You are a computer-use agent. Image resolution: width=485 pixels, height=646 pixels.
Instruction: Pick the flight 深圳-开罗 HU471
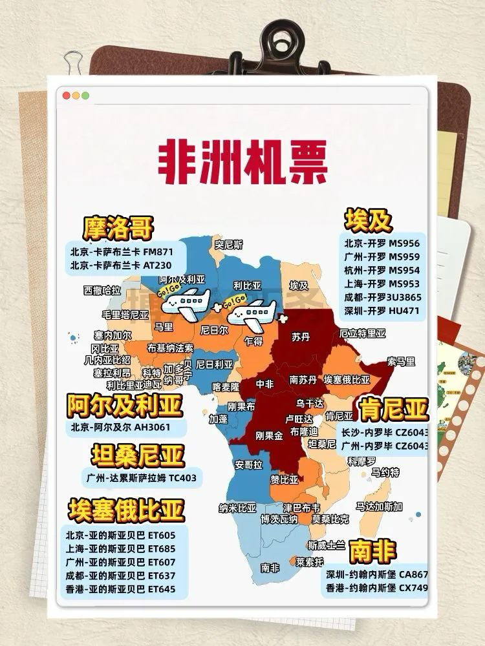coord(382,311)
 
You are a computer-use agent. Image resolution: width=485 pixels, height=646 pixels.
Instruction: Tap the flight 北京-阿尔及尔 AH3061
coord(121,428)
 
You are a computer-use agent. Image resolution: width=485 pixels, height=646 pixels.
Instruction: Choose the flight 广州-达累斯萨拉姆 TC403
coord(141,479)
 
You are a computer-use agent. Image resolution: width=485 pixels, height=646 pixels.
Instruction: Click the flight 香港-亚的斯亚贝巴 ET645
coord(120,589)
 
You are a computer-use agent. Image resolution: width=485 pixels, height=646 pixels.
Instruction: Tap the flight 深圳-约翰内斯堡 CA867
coord(377,574)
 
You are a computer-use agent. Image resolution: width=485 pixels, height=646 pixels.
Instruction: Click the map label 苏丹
coord(300,337)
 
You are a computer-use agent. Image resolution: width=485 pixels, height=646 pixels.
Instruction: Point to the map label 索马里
coord(401,361)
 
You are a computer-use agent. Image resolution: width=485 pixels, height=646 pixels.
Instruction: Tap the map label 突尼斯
coord(228,245)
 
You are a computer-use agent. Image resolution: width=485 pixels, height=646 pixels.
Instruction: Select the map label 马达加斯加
coord(379,506)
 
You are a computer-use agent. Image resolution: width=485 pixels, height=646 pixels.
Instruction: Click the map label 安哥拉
coord(248,464)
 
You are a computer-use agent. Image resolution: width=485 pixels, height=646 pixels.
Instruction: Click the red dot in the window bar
coord(66,96)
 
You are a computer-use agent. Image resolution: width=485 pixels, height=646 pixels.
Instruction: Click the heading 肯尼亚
coord(394,409)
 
